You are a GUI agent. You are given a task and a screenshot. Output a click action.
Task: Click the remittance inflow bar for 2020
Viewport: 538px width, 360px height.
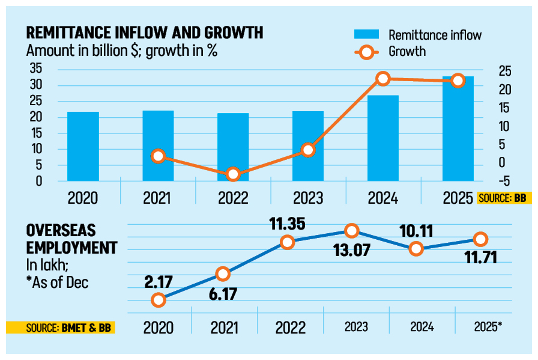click(83, 146)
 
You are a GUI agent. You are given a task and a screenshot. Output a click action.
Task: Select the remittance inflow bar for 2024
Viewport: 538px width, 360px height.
click(383, 138)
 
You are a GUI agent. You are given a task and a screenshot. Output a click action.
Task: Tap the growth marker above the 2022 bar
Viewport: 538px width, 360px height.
click(233, 175)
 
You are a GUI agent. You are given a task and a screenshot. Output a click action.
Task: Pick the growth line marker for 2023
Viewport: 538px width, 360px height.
click(308, 150)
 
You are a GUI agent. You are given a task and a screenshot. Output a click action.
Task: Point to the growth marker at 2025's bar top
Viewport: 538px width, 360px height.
click(458, 81)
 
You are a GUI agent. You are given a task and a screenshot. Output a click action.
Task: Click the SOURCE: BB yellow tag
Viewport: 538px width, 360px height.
click(504, 198)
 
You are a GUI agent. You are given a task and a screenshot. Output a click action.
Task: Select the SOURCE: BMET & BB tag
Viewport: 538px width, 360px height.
click(60, 328)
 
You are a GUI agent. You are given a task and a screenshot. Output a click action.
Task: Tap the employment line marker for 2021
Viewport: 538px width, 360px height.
click(223, 274)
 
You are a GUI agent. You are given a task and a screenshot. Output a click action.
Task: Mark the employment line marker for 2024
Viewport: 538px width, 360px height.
click(416, 249)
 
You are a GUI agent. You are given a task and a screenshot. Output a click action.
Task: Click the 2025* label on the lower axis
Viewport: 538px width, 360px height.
click(488, 328)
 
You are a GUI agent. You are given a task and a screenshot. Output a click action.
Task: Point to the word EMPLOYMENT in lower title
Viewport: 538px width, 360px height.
click(71, 247)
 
